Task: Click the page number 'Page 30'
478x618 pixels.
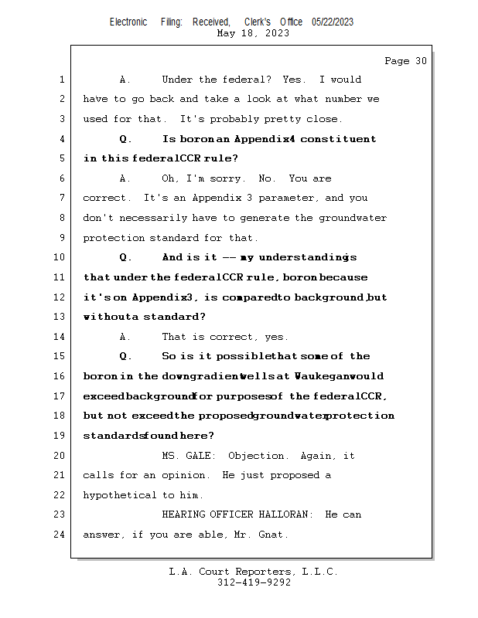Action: [x=405, y=61]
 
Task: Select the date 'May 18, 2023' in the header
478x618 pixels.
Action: [x=254, y=33]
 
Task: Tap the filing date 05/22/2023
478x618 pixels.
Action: [x=333, y=22]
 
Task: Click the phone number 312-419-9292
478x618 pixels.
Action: [x=254, y=582]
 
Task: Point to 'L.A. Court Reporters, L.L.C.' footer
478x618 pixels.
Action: [x=254, y=572]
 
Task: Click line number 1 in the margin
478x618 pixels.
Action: [x=62, y=80]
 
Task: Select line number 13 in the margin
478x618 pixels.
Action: [x=60, y=317]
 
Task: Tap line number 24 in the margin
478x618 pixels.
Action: [x=60, y=534]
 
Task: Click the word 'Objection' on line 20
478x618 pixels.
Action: [x=258, y=456]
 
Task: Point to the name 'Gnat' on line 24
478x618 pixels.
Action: [x=273, y=535]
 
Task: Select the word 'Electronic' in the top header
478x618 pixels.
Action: [x=128, y=22]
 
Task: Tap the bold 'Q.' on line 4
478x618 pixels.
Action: [x=126, y=139]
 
